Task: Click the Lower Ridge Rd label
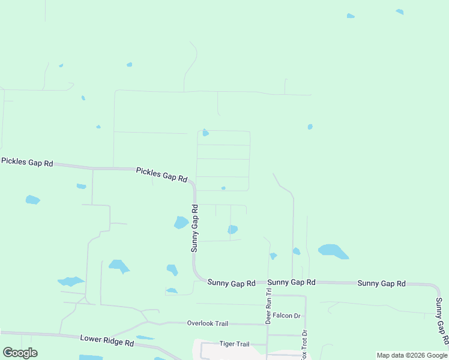tap(107, 341)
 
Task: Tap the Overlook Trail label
tap(208, 323)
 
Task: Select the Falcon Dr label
tap(286, 316)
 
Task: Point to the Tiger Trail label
tap(234, 344)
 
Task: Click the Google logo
tap(20, 353)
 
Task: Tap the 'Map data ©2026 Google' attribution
tap(412, 355)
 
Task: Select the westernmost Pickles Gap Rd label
tap(27, 163)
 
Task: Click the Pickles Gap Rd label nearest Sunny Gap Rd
tap(161, 175)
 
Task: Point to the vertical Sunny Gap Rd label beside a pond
tap(194, 228)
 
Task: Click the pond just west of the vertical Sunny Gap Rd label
tap(181, 223)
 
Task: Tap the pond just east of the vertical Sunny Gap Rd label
tap(232, 229)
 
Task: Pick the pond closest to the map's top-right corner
tap(400, 11)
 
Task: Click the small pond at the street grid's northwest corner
tap(205, 133)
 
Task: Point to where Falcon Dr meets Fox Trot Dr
tap(305, 316)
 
